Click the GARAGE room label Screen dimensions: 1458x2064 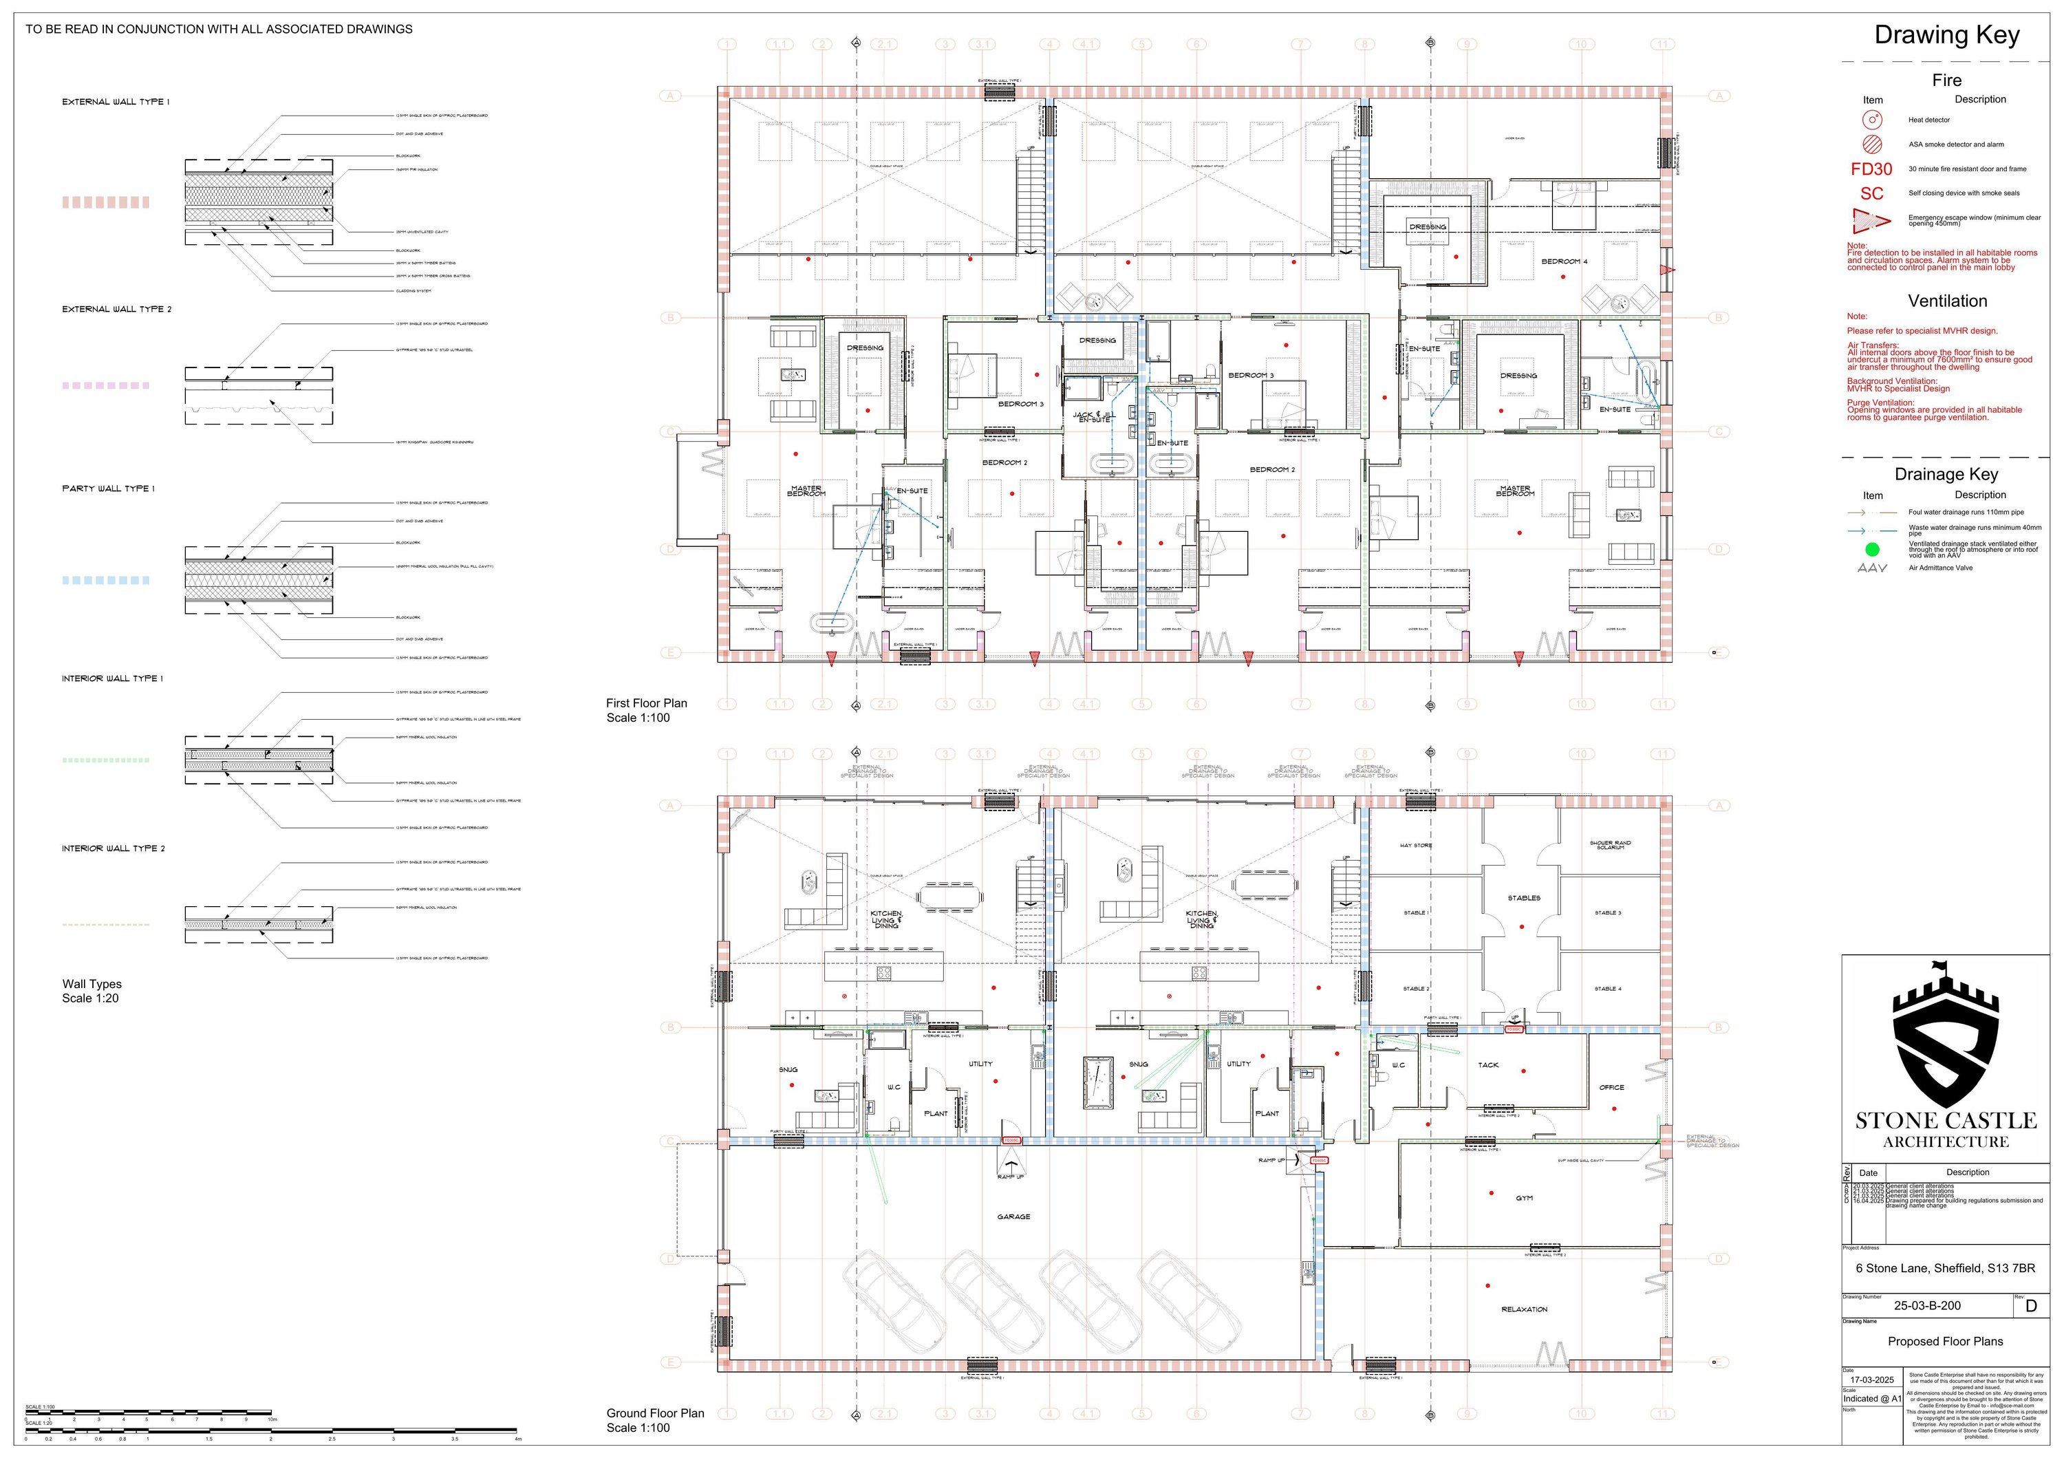[x=1013, y=1216]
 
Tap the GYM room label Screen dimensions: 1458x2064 [x=1524, y=1198]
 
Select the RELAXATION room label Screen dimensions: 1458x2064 [x=1524, y=1309]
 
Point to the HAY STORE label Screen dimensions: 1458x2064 [x=1416, y=846]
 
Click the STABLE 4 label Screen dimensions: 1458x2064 [x=1607, y=989]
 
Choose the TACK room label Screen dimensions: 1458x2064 [x=1487, y=1065]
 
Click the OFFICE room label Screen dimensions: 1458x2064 [x=1611, y=1088]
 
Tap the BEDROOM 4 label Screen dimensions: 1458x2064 [x=1565, y=261]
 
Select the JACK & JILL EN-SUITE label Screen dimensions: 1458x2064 [x=1093, y=417]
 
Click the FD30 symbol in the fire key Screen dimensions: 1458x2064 [x=1871, y=169]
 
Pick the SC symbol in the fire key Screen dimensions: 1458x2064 [x=1871, y=193]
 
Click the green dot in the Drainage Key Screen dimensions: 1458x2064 [x=1871, y=549]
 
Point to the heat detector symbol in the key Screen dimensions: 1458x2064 [x=1871, y=120]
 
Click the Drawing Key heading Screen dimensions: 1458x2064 [x=1946, y=35]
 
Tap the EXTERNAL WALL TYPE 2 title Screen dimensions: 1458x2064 [x=117, y=309]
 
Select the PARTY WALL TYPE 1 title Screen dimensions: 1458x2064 [x=108, y=489]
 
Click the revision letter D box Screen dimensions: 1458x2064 [x=2032, y=1307]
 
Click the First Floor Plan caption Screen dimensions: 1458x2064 [x=646, y=703]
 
